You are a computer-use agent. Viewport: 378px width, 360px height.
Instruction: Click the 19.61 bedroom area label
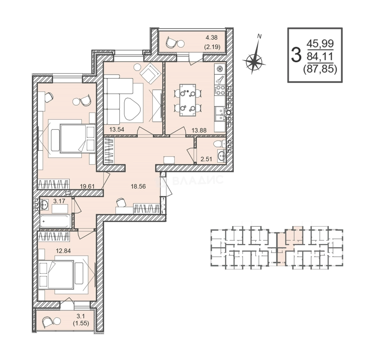coord(87,186)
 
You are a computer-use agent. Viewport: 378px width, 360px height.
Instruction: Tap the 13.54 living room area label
coord(117,129)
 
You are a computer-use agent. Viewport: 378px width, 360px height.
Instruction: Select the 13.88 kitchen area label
coord(199,130)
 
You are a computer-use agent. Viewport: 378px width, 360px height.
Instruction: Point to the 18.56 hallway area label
coord(138,186)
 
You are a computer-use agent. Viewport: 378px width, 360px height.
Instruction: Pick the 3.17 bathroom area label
coord(59,201)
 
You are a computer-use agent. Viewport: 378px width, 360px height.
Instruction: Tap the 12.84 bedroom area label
coord(63,251)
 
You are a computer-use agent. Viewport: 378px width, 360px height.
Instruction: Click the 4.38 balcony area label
coord(211,37)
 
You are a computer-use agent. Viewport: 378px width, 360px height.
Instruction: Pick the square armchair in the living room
coord(150,72)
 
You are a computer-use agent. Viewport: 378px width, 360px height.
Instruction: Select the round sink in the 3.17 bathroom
coord(44,205)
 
